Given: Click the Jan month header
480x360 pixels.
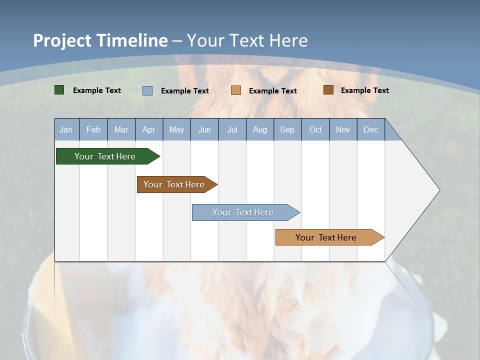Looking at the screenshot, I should click(66, 130).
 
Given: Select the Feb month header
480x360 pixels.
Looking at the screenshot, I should click(93, 130).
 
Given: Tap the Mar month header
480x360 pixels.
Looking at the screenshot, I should click(121, 130).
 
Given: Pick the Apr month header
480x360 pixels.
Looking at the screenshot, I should click(148, 130).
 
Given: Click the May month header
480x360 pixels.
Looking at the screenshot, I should click(176, 130).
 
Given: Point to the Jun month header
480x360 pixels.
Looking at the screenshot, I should click(204, 130).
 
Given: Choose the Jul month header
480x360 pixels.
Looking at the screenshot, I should click(232, 130).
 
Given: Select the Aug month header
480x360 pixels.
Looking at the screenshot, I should click(259, 130).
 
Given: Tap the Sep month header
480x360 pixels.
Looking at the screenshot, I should click(287, 130).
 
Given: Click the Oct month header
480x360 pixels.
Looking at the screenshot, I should click(315, 130).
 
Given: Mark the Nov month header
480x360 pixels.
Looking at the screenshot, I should click(343, 130).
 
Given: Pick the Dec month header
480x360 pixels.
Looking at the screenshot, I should click(370, 130).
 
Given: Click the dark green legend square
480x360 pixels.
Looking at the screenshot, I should click(59, 90).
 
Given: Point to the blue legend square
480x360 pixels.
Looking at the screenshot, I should click(147, 90).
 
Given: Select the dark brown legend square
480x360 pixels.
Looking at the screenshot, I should click(328, 90).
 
